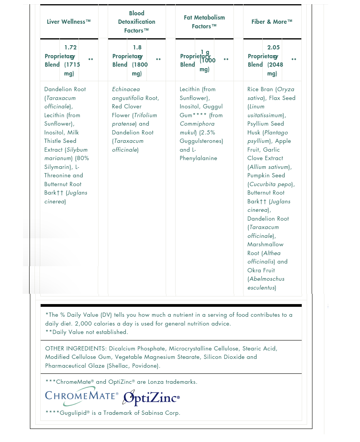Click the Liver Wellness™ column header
pos(69,22)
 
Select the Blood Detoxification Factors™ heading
pos(136,22)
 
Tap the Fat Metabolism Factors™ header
pos(204,22)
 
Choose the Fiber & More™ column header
pos(272,22)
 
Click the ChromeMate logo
pos(82,397)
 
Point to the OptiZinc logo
pos(151,398)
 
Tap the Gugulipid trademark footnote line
pos(113,413)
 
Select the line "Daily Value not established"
pos(87,332)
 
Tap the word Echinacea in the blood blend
pos(126,89)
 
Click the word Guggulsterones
pos(201,141)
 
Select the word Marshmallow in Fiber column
pos(265,244)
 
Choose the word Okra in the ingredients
pos(254,270)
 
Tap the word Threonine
pos(58,175)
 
